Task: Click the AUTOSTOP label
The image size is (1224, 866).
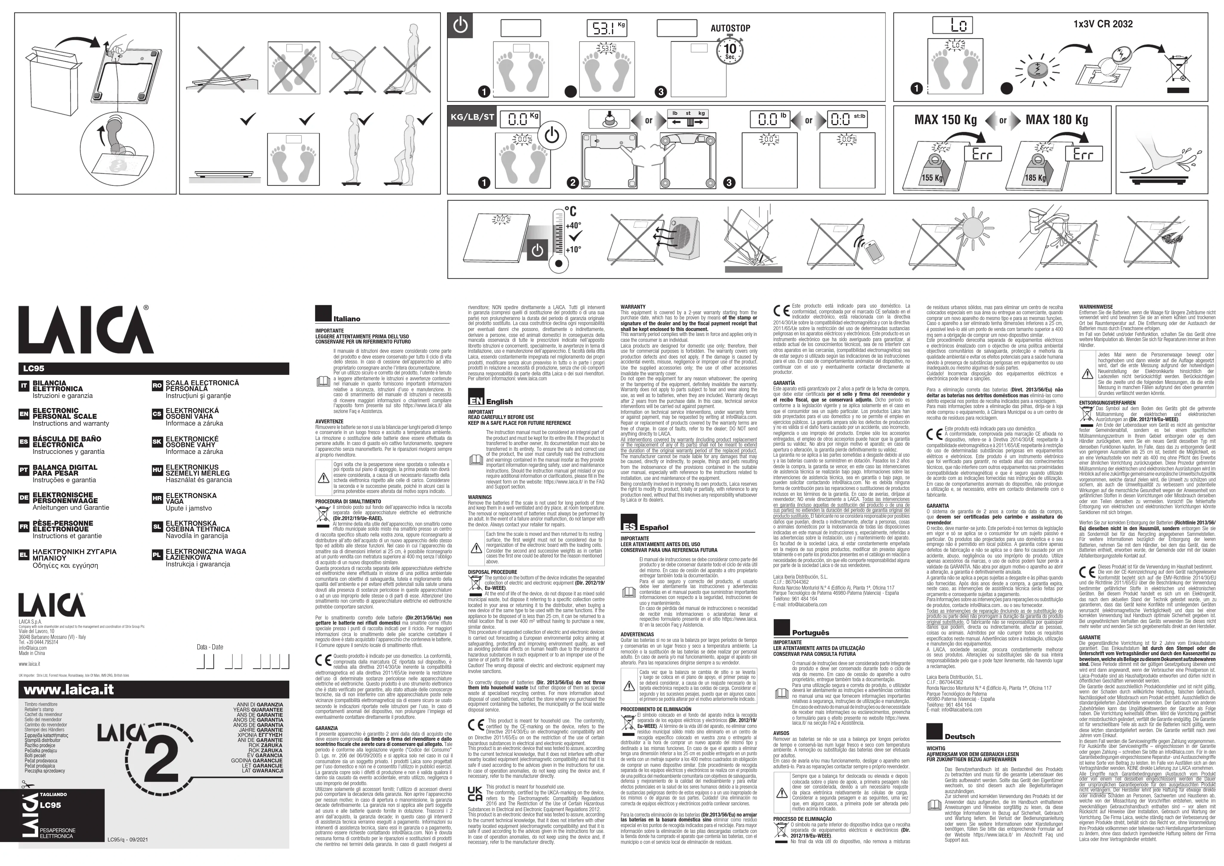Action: click(730, 28)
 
